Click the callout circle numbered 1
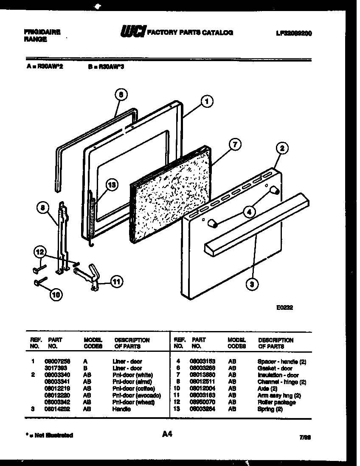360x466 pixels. coord(207,101)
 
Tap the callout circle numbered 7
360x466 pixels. coord(234,145)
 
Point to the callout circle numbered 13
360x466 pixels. coord(112,185)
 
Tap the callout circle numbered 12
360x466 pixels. coord(39,252)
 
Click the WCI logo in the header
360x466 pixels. coord(133,31)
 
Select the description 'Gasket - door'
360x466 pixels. coord(275,368)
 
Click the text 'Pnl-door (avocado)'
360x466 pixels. coord(136,396)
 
